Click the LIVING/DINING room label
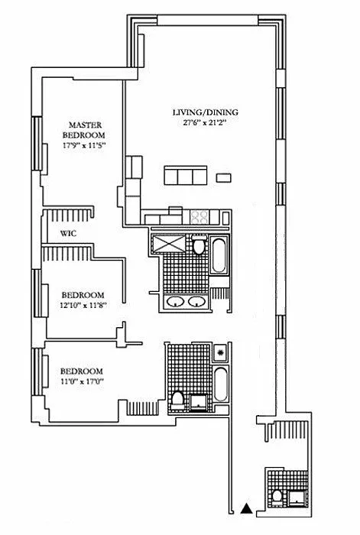coord(206,112)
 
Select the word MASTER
coord(85,125)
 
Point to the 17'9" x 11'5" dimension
coord(83,145)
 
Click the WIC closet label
coord(68,234)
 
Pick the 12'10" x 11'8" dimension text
coord(83,306)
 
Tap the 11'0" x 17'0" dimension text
coord(82,382)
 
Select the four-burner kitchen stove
coord(199,217)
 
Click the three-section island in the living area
coord(186,175)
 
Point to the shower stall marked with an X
coord(169,242)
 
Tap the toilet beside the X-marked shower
coord(198,245)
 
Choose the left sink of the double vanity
coord(176,302)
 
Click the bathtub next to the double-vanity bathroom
coord(219,255)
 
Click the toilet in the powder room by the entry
coord(277,498)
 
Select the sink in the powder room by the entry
coord(297,498)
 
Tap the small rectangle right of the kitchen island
coord(224,178)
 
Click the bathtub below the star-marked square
coord(221,384)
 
